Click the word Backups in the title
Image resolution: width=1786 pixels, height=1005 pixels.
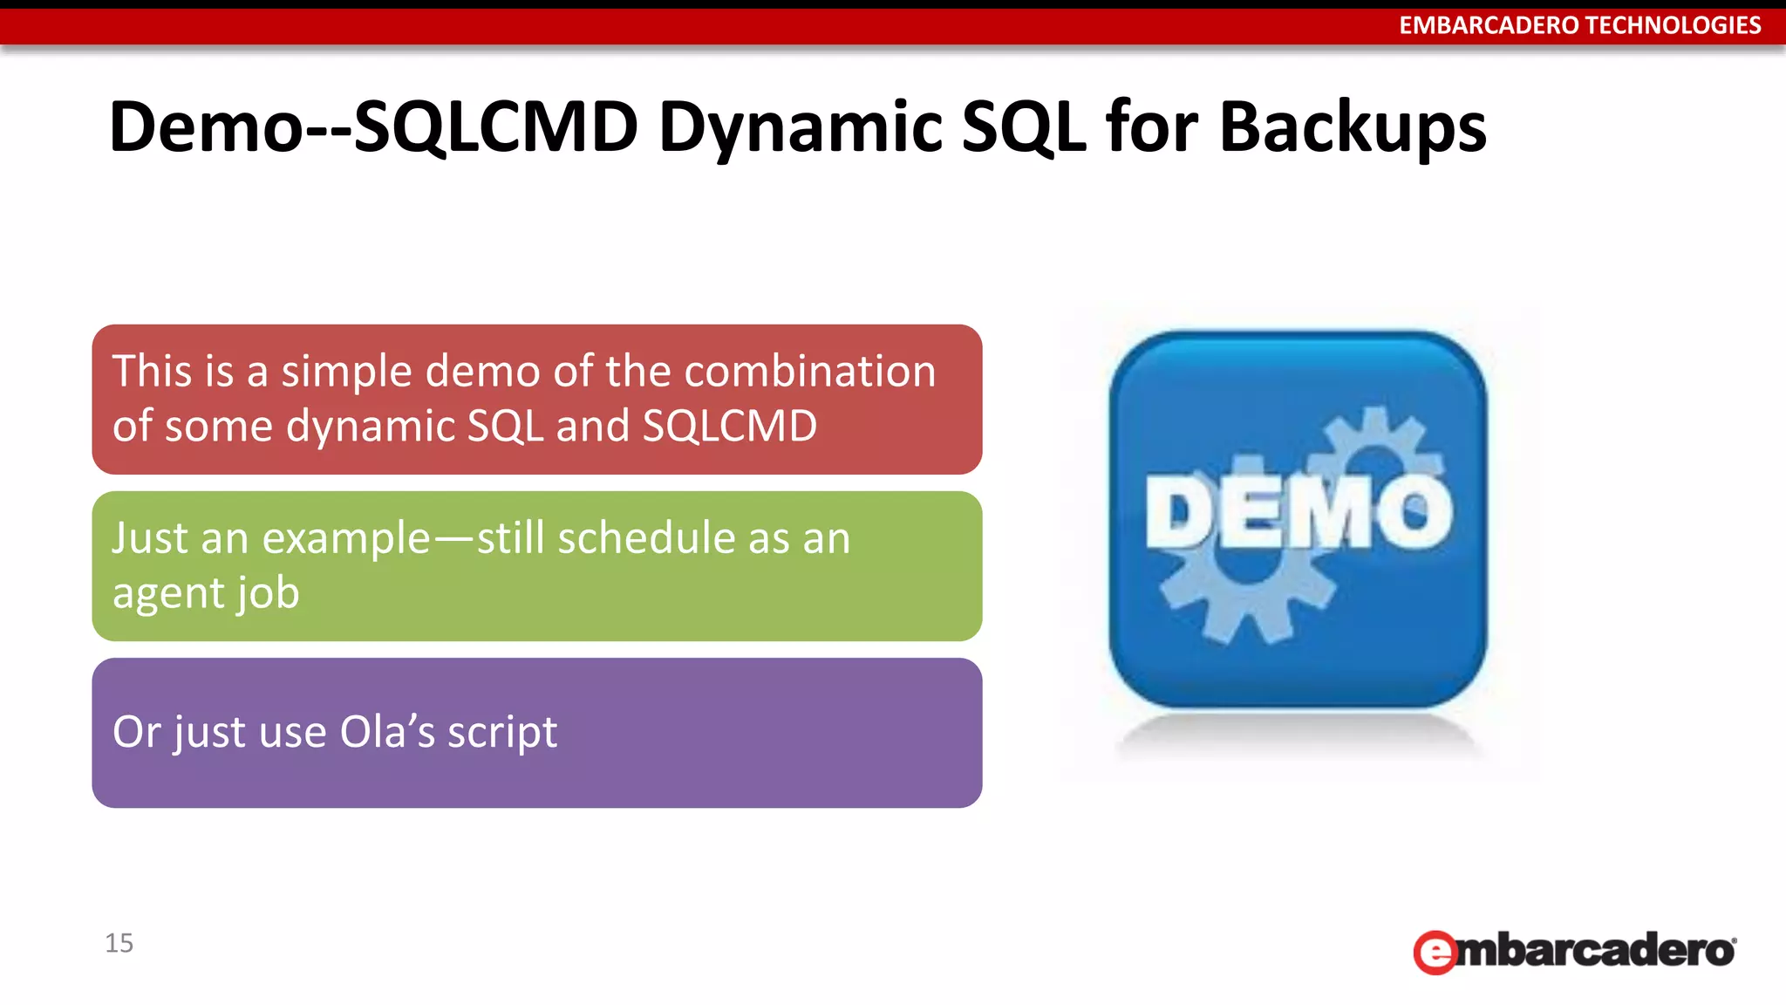coord(1352,127)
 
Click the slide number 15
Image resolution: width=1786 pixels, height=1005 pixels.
coord(119,943)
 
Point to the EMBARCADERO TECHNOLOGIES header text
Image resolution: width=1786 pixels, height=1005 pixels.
coord(1579,25)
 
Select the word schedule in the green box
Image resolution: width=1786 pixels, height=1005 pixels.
coord(646,538)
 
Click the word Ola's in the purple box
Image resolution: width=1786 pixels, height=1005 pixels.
coord(387,732)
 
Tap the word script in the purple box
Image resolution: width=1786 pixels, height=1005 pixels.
coord(502,732)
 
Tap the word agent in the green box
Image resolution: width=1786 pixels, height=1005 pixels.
coord(169,594)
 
